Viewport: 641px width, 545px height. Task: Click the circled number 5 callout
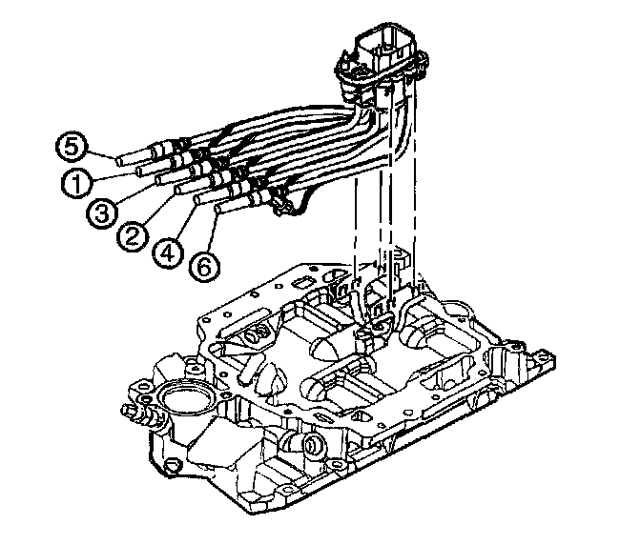pos(71,148)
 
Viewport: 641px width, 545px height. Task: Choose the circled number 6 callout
pos(201,268)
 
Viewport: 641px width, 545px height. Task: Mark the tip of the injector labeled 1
pos(140,172)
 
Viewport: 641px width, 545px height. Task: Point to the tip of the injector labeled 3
pos(157,181)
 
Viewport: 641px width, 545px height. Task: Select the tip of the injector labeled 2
pos(178,191)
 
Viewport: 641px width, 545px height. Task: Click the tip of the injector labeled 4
pos(197,200)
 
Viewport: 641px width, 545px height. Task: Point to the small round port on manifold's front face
pos(310,445)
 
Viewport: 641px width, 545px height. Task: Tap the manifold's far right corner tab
pos(548,361)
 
